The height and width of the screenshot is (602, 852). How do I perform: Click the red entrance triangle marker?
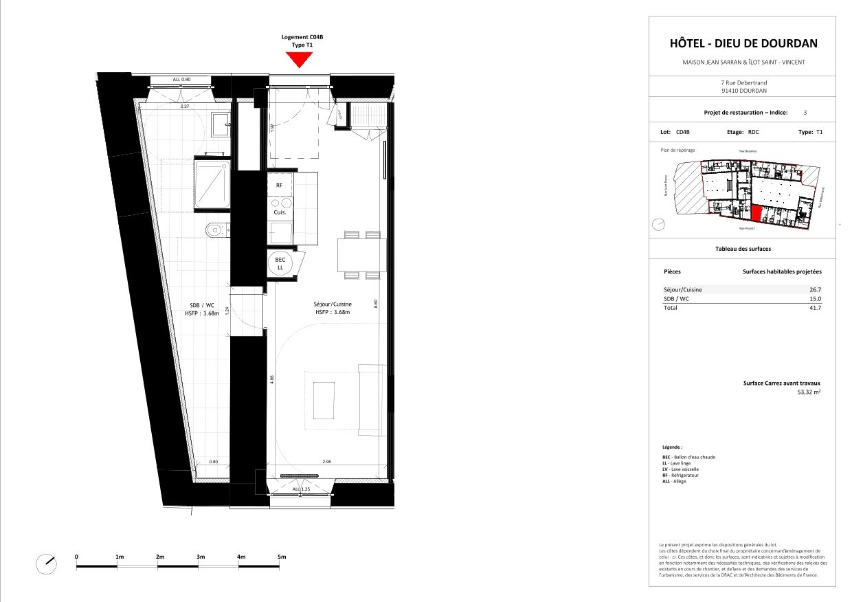298,60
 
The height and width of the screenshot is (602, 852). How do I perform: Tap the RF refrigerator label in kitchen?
280,185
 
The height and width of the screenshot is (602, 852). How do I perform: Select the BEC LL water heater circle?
281,264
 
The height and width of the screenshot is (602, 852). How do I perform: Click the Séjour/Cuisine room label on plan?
333,304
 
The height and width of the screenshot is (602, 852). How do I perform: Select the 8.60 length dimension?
376,302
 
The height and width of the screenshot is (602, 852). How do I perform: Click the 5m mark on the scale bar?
281,556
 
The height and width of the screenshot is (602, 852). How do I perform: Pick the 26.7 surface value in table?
816,290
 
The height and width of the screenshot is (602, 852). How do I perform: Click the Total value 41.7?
816,308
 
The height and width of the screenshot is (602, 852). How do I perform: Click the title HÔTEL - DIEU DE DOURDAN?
743,43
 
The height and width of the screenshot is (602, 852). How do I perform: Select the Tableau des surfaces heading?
743,249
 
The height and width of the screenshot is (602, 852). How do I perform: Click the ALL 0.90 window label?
181,80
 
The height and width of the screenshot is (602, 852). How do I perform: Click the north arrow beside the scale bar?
45,564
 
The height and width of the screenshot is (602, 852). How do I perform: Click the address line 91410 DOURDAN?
743,90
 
